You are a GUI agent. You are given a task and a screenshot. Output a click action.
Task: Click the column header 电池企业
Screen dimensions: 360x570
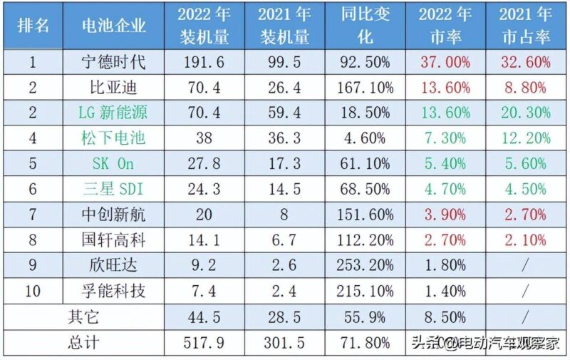(x=114, y=26)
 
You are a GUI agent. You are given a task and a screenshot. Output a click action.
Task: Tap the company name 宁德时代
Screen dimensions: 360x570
(x=114, y=62)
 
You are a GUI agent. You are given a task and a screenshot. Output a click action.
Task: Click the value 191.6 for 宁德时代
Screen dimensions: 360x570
(x=204, y=62)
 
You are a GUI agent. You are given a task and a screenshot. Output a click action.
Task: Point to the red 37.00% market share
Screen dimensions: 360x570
(x=445, y=62)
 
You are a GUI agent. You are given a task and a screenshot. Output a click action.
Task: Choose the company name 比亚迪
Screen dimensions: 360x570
(x=114, y=88)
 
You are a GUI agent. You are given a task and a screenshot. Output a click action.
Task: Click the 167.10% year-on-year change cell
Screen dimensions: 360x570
(x=365, y=88)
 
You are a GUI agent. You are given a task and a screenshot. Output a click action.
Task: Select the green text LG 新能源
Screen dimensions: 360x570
(x=114, y=113)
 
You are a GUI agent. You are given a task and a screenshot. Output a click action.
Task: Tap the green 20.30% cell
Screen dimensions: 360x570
(x=525, y=113)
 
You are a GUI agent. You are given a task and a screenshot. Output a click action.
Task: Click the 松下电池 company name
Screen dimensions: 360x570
(x=114, y=138)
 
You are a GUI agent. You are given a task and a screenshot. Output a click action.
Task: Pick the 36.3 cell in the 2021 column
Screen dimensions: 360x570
(x=284, y=138)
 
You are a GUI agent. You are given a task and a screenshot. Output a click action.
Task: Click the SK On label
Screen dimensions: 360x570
(x=114, y=163)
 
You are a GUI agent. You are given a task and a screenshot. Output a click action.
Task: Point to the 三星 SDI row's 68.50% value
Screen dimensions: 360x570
(x=365, y=188)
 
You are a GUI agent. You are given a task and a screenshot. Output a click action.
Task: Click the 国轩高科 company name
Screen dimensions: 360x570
(x=114, y=240)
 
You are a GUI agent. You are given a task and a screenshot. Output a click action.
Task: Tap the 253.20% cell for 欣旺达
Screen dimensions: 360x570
(x=365, y=264)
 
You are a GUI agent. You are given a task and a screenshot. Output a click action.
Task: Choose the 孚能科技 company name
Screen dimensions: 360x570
(x=114, y=290)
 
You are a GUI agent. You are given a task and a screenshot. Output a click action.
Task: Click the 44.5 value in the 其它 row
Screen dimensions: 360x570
(x=204, y=316)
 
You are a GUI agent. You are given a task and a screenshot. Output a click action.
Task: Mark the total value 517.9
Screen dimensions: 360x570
(x=204, y=341)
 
